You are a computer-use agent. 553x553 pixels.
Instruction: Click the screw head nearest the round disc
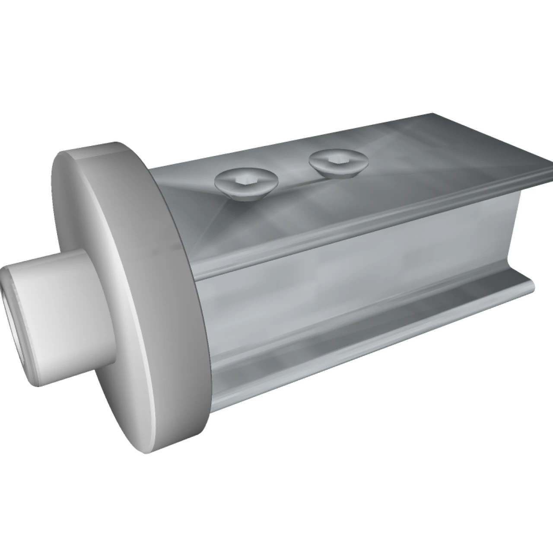coord(246,185)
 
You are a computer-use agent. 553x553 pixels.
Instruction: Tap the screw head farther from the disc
coord(338,164)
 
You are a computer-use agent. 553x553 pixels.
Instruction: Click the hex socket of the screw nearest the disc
coord(245,181)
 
